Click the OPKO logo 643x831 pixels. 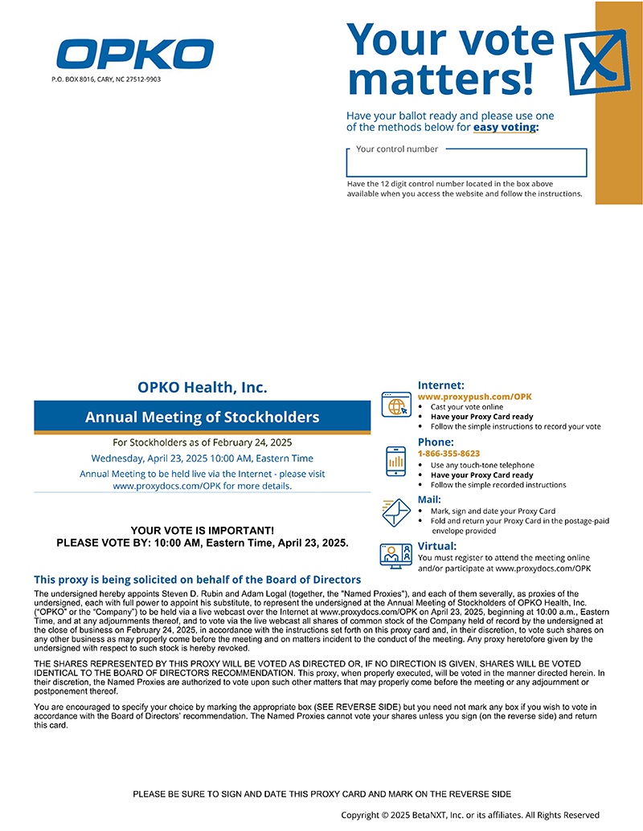click(134, 54)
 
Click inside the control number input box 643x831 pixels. click(466, 164)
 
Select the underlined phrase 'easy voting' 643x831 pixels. click(504, 128)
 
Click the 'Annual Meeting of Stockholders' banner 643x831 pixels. click(202, 418)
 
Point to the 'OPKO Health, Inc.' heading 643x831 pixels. click(202, 388)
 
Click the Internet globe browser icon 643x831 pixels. click(396, 405)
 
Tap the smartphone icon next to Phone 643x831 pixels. click(396, 462)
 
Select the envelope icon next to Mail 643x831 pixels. click(396, 511)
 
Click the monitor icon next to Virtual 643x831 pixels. click(396, 556)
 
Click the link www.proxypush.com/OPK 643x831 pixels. click(474, 397)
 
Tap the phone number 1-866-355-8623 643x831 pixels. click(448, 454)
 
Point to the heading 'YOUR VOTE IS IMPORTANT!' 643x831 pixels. click(202, 531)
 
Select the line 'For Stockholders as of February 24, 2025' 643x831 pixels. click(202, 442)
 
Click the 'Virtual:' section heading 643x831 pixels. click(437, 546)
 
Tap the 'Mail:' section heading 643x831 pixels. click(429, 499)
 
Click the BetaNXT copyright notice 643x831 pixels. click(470, 815)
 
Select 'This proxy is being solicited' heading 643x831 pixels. click(197, 580)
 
